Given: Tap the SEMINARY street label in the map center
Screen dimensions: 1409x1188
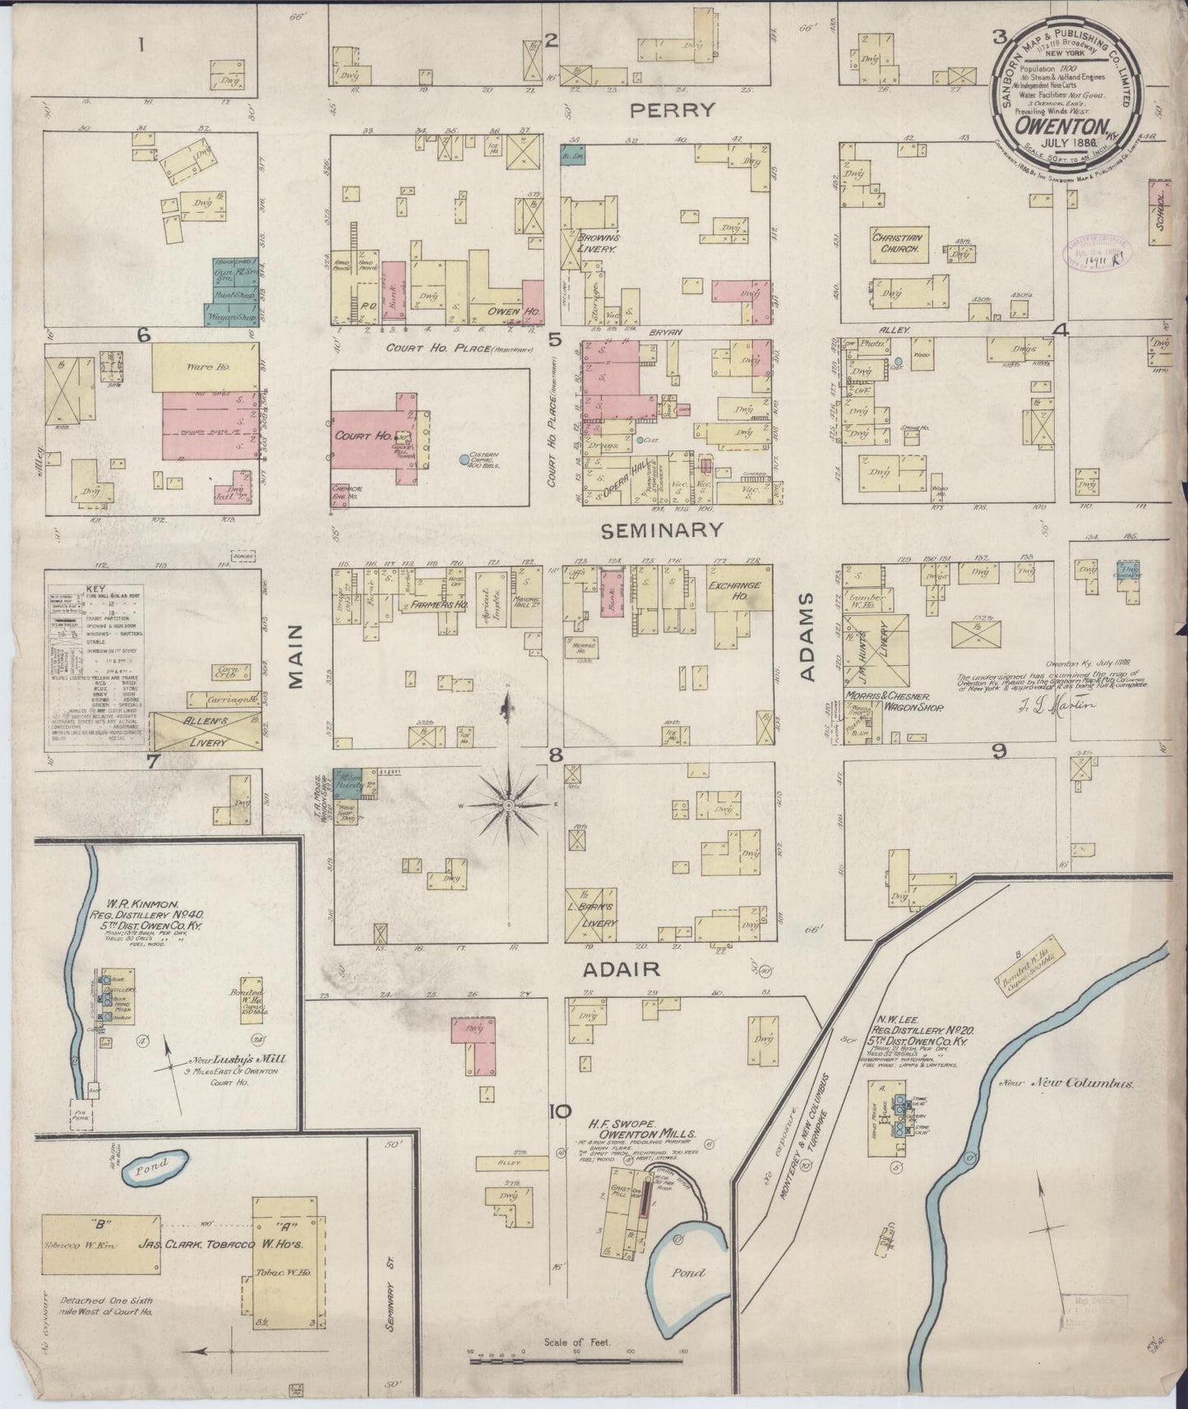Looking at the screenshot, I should [x=663, y=530].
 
